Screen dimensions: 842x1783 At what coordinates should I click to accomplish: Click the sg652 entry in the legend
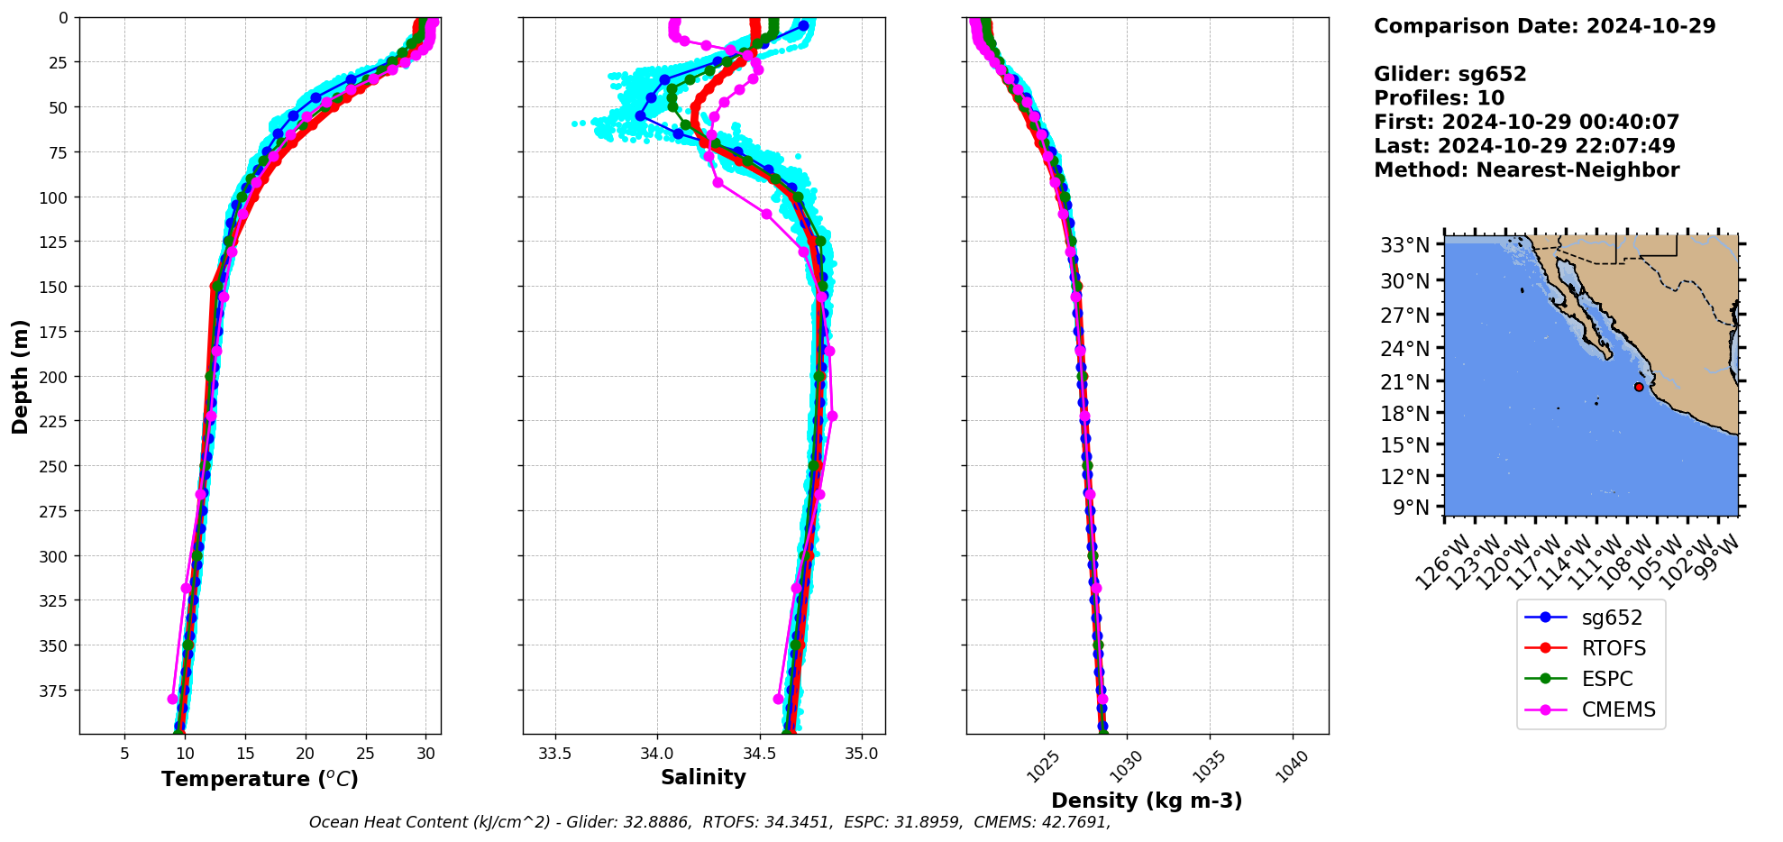click(x=1612, y=618)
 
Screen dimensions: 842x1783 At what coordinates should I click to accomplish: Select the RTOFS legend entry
click(x=1614, y=648)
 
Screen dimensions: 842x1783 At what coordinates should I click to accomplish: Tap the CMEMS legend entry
click(x=1618, y=709)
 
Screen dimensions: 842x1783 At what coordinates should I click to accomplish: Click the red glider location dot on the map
click(x=1639, y=387)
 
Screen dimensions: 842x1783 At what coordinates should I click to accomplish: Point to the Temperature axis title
click(x=260, y=779)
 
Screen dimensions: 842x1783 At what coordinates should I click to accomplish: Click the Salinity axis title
click(x=703, y=777)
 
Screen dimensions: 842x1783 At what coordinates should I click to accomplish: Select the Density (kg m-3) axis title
click(x=1147, y=801)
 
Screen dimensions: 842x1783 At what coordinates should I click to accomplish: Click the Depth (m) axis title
click(x=20, y=376)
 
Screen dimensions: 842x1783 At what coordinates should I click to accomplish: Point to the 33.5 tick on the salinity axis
click(x=554, y=754)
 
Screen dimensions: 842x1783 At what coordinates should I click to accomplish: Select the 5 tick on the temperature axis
click(x=124, y=754)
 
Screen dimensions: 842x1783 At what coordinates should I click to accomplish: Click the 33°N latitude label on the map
click(x=1405, y=245)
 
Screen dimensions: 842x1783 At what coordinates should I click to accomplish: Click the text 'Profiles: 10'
click(x=1439, y=98)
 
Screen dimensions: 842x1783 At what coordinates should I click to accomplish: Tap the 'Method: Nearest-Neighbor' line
click(x=1526, y=170)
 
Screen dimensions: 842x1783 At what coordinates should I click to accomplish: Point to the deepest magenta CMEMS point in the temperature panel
click(x=172, y=699)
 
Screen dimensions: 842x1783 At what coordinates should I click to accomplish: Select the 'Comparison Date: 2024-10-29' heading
click(x=1544, y=26)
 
